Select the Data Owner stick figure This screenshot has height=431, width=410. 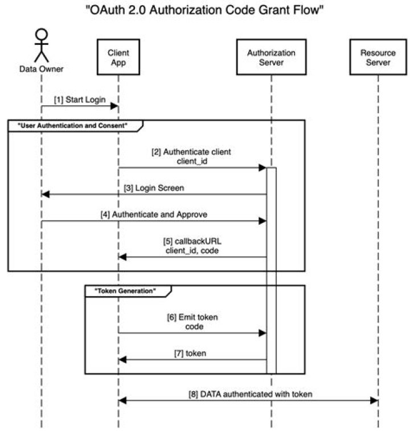pos(41,45)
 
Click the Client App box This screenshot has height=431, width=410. pos(118,57)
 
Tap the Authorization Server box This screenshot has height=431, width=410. pos(271,57)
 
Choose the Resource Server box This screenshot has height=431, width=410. pos(378,57)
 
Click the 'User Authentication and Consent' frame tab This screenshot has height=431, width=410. pos(74,125)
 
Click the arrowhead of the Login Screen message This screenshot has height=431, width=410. pos(46,194)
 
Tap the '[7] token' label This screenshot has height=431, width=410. pos(190,353)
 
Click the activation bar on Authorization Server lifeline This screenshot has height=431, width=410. pos(271,267)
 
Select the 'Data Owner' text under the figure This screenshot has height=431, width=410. pos(41,69)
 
